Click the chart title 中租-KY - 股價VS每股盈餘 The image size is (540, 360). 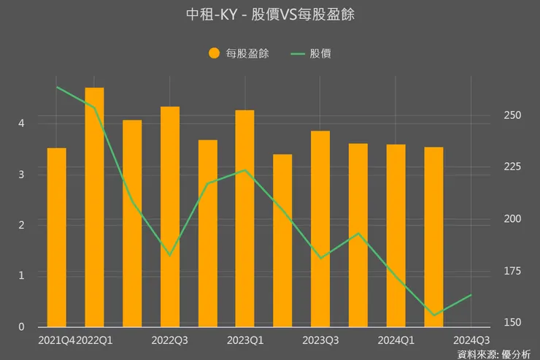click(x=270, y=15)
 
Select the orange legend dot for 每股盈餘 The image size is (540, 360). click(x=214, y=53)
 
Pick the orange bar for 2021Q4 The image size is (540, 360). click(x=56, y=237)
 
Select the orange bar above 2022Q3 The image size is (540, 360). click(x=170, y=216)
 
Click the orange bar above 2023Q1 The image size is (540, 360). click(x=245, y=218)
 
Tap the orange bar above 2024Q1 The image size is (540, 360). click(x=396, y=235)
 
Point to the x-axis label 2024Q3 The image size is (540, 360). click(x=471, y=340)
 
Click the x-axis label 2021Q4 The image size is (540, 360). click(x=56, y=340)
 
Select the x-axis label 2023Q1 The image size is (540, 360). click(x=245, y=340)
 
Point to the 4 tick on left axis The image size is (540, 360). click(x=23, y=123)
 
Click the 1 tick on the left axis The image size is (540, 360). click(x=23, y=276)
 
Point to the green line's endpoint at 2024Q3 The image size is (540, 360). click(x=471, y=295)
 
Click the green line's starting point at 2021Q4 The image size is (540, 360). click(x=56, y=87)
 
